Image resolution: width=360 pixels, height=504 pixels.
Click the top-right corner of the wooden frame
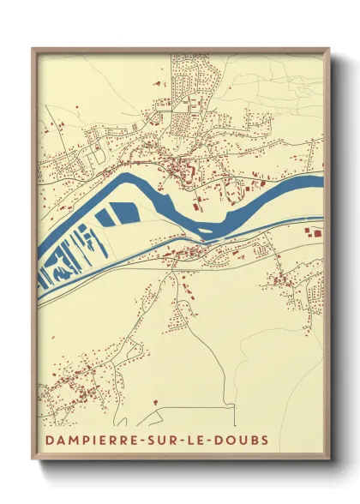pyautogui.click(x=330, y=49)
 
